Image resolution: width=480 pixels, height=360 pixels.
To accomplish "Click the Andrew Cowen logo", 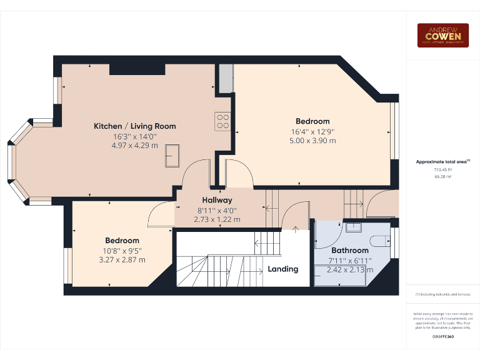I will (x=443, y=36).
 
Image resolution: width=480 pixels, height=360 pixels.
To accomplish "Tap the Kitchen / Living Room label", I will (x=135, y=126).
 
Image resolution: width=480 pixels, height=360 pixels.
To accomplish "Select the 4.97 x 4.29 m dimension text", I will (x=135, y=146).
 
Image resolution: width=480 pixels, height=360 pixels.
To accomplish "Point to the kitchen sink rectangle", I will (x=172, y=155).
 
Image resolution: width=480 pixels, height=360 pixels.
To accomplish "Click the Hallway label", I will (x=217, y=201).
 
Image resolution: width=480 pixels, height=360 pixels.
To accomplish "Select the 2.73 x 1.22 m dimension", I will (x=217, y=219).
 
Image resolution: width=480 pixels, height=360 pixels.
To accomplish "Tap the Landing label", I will (x=283, y=269).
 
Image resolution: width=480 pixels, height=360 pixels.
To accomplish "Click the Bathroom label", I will (x=349, y=251).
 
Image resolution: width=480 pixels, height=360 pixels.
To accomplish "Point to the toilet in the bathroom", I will (x=379, y=241).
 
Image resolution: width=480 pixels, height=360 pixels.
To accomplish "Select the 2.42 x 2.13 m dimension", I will (x=349, y=270).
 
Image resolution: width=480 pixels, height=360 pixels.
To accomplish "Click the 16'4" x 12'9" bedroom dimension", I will (x=312, y=131).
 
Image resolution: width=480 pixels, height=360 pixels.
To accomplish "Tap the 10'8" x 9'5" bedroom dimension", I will (x=122, y=251).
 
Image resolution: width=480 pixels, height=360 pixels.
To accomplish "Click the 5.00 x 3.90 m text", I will (x=312, y=141).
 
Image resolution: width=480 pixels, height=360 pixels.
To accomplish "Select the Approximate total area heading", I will (x=442, y=162).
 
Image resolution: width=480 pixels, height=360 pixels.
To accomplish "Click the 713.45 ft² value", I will (x=442, y=169).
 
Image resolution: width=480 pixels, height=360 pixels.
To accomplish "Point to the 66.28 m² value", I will (x=442, y=177).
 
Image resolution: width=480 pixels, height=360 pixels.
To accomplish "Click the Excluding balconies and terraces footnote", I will (x=442, y=294).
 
